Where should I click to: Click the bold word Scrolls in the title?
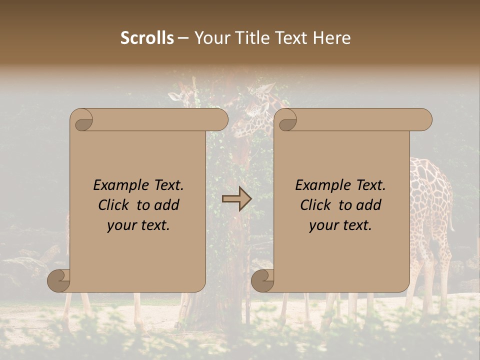click(147, 38)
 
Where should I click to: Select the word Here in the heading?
click(332, 38)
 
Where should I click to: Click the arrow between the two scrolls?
click(236, 199)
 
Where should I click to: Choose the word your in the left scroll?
click(120, 225)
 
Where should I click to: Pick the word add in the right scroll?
click(370, 205)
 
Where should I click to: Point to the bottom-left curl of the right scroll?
click(263, 280)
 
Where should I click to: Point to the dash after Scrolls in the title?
click(183, 38)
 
